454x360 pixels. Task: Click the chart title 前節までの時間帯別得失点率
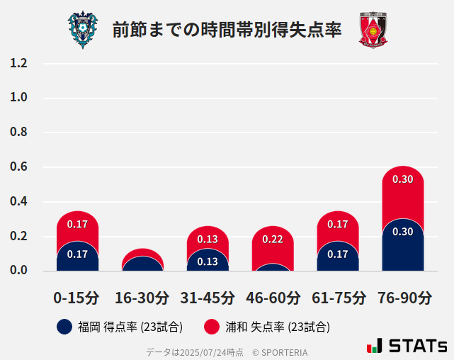pyautogui.click(x=227, y=30)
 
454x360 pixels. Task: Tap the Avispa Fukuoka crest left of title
pyautogui.click(x=83, y=30)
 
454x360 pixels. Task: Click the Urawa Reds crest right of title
pyautogui.click(x=373, y=30)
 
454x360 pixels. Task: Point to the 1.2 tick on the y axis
pyautogui.click(x=18, y=63)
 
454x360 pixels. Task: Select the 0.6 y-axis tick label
pyautogui.click(x=18, y=167)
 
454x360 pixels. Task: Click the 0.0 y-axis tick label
pyautogui.click(x=18, y=271)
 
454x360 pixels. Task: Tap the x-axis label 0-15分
pyautogui.click(x=76, y=297)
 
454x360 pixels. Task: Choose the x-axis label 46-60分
pyautogui.click(x=273, y=297)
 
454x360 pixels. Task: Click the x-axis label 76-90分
pyautogui.click(x=403, y=297)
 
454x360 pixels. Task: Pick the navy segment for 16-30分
pyautogui.click(x=142, y=264)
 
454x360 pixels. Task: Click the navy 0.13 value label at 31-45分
pyautogui.click(x=208, y=261)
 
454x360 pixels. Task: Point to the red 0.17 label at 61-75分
pyautogui.click(x=338, y=224)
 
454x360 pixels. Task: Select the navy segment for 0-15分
pyautogui.click(x=77, y=257)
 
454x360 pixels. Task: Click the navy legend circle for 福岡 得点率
pyautogui.click(x=64, y=327)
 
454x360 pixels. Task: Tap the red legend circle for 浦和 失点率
pyautogui.click(x=211, y=327)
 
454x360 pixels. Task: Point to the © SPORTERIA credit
pyautogui.click(x=280, y=351)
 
